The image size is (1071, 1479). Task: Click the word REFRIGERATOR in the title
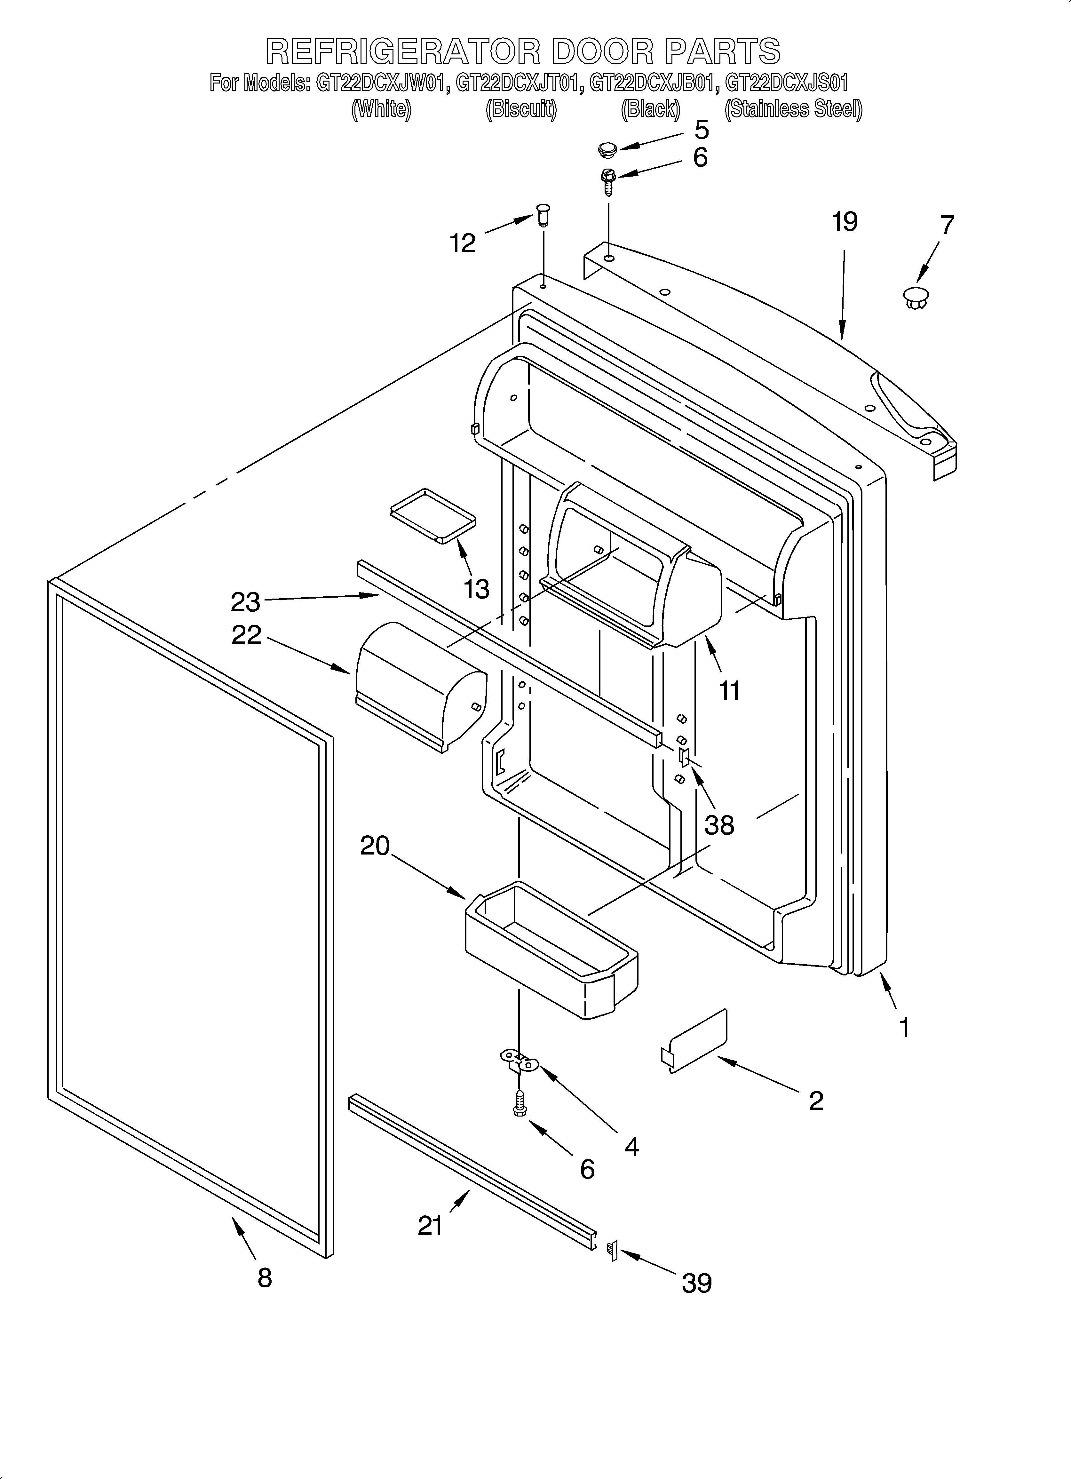(403, 51)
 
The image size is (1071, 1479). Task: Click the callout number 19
(844, 222)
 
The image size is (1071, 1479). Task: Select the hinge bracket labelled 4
(519, 1061)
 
